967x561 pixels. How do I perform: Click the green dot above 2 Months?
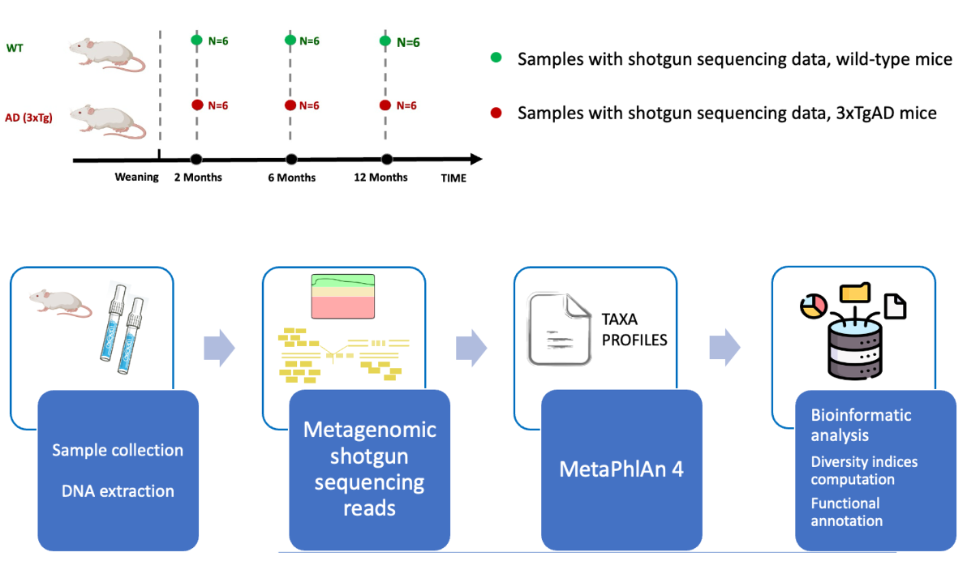tap(196, 40)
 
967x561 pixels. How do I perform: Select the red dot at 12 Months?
tap(386, 105)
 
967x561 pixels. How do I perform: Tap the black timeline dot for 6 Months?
tap(291, 160)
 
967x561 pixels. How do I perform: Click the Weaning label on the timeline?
tap(136, 178)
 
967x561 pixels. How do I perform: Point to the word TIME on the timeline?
tap(453, 178)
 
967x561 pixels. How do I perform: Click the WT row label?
tap(15, 48)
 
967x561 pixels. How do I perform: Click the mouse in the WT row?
tap(106, 55)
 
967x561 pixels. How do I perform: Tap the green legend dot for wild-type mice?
tap(496, 58)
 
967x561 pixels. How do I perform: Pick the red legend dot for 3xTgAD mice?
tap(496, 112)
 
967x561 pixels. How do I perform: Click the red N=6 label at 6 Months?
tap(309, 106)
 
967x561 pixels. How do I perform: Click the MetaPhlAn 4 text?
tap(621, 469)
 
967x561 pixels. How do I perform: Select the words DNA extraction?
tap(118, 490)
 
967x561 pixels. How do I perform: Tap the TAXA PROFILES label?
tap(634, 329)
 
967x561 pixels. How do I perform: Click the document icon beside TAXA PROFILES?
tap(560, 329)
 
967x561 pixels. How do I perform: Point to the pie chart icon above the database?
tap(812, 307)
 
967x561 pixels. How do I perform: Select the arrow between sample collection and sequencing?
tap(218, 349)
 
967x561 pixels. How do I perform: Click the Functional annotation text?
tap(846, 512)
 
